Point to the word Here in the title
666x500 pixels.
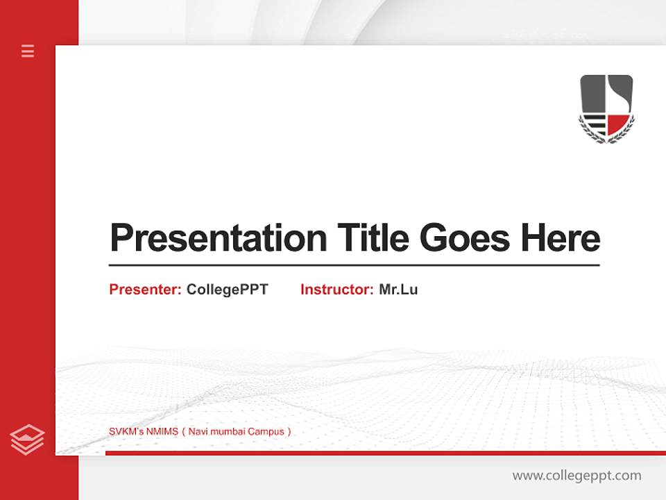[x=561, y=238]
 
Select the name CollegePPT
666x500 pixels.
[x=227, y=290]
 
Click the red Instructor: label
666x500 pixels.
[x=336, y=290]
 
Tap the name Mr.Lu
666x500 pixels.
[x=398, y=290]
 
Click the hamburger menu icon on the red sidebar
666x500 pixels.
[x=28, y=51]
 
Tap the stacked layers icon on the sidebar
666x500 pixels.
[x=28, y=440]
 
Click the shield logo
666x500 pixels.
[x=606, y=108]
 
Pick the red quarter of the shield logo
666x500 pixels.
[x=617, y=124]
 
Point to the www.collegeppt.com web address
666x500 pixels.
[x=577, y=476]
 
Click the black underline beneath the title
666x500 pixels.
[x=354, y=265]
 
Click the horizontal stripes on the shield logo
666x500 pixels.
[x=594, y=125]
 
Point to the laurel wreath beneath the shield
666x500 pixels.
[x=606, y=136]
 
